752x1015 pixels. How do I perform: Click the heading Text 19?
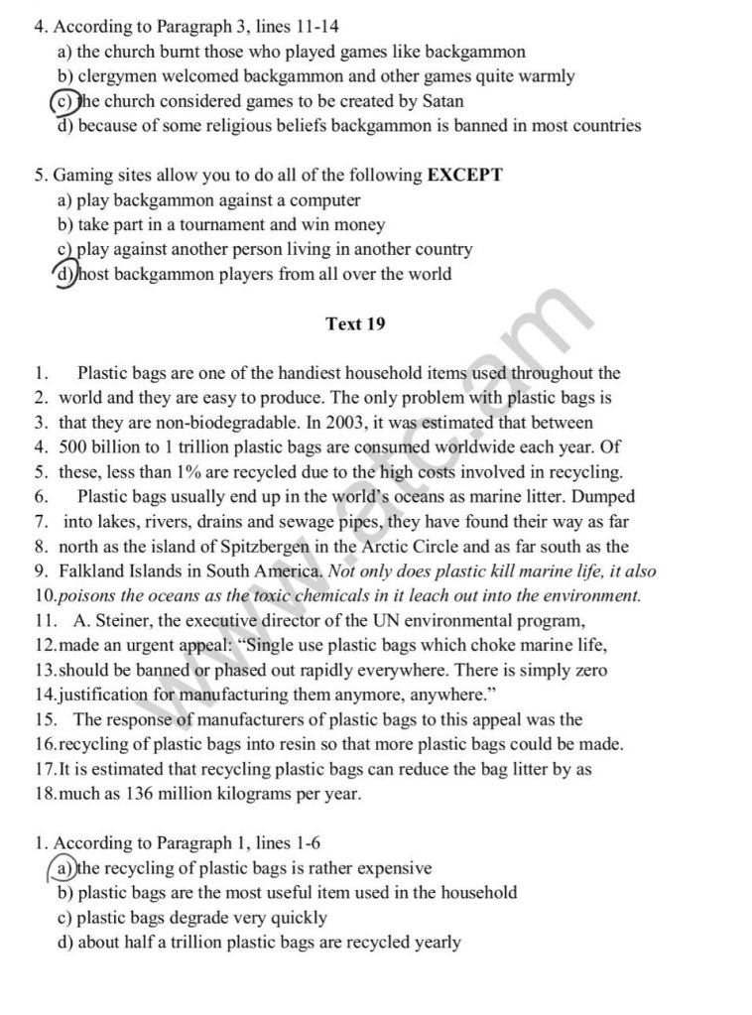[x=355, y=323]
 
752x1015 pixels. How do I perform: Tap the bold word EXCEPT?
[x=464, y=176]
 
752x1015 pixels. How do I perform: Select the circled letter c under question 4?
[x=62, y=101]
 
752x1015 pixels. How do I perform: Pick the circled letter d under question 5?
[x=64, y=275]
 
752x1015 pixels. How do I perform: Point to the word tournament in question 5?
[x=212, y=225]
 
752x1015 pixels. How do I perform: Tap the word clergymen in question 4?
[x=116, y=76]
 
